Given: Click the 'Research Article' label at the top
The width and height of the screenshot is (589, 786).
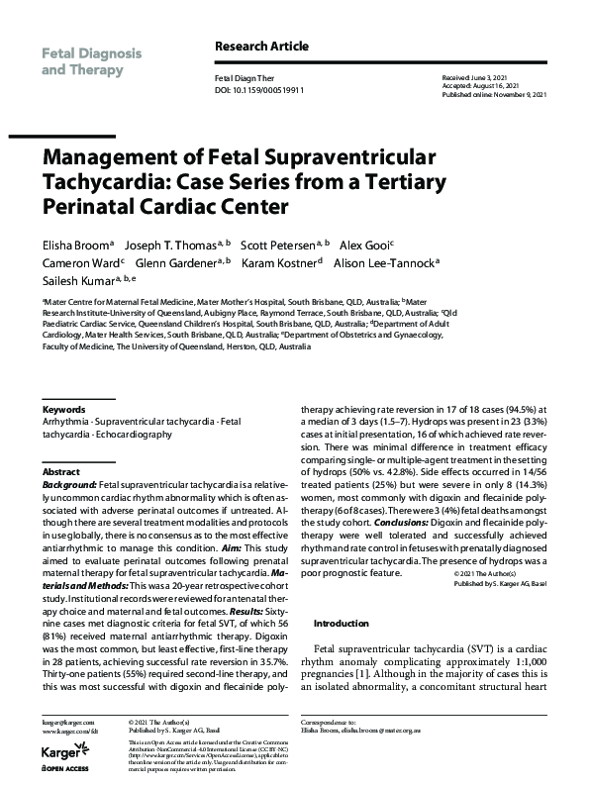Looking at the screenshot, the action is pos(260,47).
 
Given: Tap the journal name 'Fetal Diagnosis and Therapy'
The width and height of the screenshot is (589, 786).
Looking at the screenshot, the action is pos(91,61).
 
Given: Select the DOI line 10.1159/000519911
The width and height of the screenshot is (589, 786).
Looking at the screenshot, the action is pos(259,90).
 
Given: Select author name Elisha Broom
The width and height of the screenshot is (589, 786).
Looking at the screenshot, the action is pos(75,243).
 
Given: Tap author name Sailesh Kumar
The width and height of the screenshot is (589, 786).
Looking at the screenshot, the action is pos(75,282).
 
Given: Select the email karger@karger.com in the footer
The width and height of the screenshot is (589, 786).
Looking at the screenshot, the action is pos(67,724).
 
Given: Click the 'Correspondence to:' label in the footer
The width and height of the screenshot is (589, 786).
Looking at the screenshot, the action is pos(330,724).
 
